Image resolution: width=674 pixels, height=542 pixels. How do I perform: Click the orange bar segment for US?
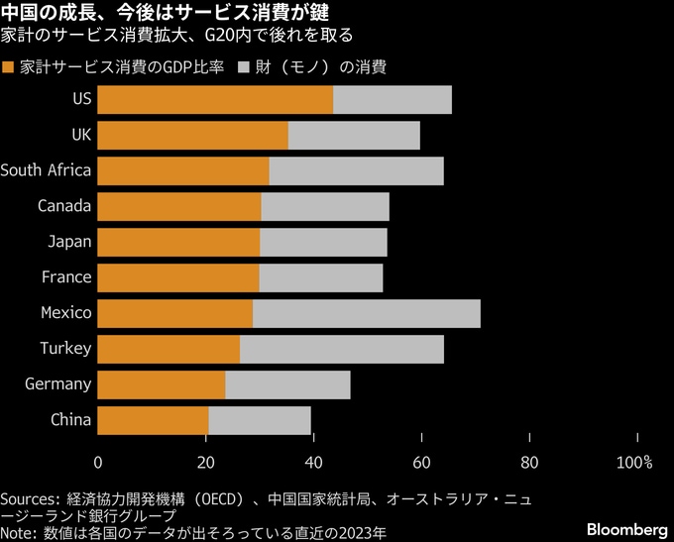click(x=215, y=99)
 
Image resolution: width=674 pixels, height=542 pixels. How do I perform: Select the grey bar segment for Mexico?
click(x=366, y=313)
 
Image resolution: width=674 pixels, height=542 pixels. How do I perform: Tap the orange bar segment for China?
click(x=154, y=420)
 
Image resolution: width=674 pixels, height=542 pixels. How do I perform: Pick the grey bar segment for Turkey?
click(x=341, y=349)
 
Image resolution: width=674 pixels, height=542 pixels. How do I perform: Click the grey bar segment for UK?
click(x=354, y=135)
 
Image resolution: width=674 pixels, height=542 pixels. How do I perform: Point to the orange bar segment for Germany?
click(x=162, y=384)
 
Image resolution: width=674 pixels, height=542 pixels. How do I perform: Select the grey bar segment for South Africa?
click(x=356, y=170)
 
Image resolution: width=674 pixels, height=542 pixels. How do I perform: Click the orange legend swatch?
click(x=9, y=68)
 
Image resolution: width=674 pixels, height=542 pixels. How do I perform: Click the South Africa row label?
click(x=46, y=170)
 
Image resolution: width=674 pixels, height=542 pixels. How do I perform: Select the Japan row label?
click(x=69, y=242)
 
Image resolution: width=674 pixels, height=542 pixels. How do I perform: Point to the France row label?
click(x=66, y=277)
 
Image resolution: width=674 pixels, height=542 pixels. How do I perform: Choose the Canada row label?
click(x=64, y=206)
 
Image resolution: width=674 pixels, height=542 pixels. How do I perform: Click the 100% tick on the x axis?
click(x=634, y=462)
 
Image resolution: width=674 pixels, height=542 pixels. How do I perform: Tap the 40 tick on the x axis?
click(x=313, y=462)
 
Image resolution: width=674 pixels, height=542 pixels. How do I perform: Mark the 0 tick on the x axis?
click(x=98, y=462)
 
